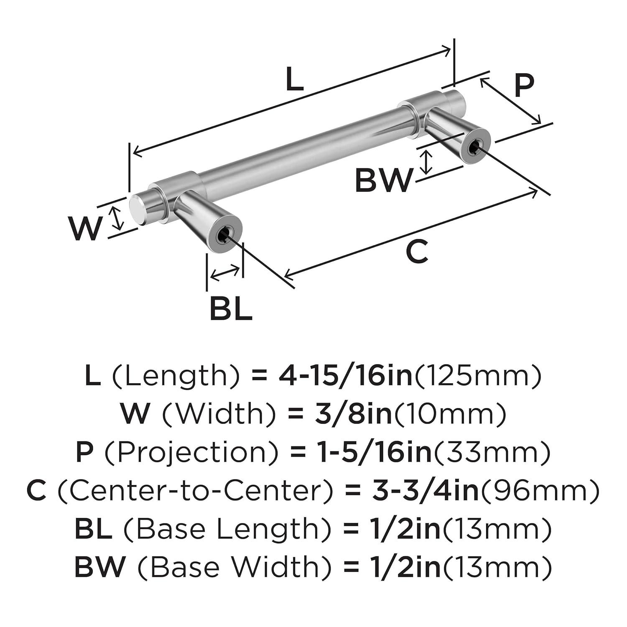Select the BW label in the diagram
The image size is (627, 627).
point(383,181)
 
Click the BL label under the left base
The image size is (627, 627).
point(231,308)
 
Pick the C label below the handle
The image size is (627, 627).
point(417,252)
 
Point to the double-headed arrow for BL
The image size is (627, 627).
point(225,273)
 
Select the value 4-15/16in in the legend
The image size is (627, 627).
point(346,375)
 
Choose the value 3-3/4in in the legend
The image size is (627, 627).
point(425,491)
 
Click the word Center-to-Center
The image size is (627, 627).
point(196,491)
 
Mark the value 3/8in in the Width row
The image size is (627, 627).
point(353,414)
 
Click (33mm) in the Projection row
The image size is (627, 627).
point(492,452)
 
